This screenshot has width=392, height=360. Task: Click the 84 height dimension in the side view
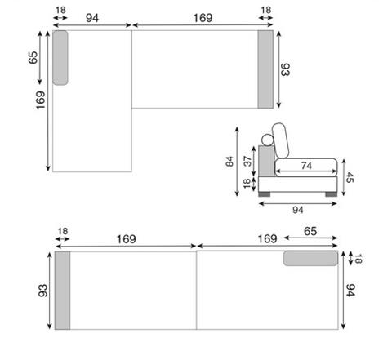tap(229, 161)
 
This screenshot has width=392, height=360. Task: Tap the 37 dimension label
tap(247, 161)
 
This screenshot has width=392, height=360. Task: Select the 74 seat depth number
tap(306, 166)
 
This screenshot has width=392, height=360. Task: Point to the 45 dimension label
tap(350, 178)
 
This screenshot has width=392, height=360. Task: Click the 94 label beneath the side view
tap(298, 210)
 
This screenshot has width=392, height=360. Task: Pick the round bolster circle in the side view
tap(268, 140)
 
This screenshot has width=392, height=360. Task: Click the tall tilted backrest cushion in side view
tap(281, 140)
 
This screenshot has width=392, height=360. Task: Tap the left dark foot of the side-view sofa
tap(264, 194)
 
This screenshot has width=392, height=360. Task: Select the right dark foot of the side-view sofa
tap(331, 194)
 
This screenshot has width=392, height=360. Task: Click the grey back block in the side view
tap(266, 161)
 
